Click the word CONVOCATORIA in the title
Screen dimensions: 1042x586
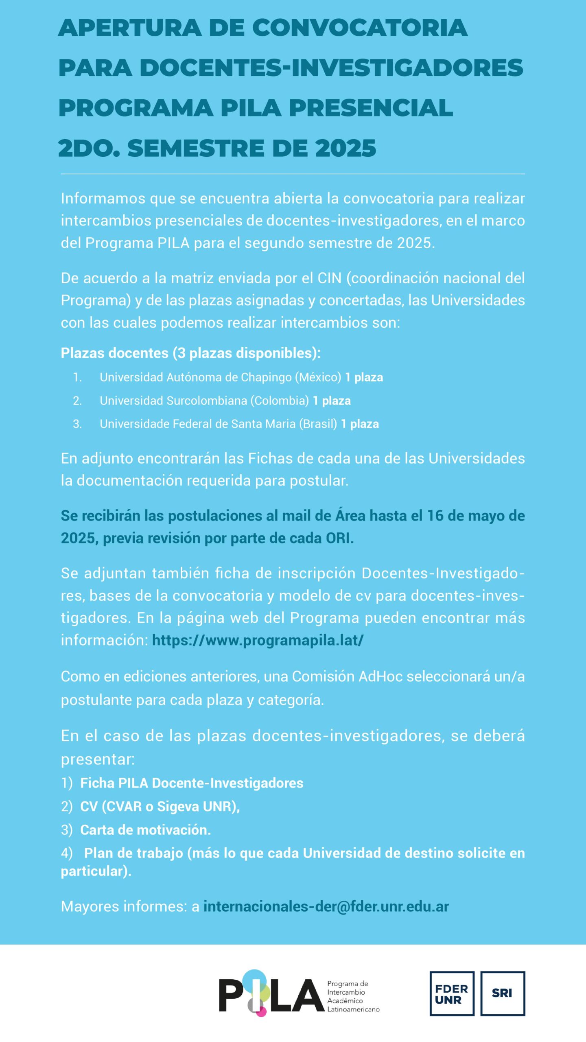(360, 28)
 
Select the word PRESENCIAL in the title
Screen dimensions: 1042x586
(371, 108)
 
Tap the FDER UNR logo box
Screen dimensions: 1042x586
(452, 994)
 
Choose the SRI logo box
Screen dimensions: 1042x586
(503, 994)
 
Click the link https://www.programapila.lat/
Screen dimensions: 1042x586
(258, 640)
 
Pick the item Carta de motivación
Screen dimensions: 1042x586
(145, 830)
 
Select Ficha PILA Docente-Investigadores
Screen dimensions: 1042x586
(192, 783)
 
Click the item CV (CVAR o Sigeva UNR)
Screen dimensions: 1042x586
(160, 807)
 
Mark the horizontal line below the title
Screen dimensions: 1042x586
(293, 174)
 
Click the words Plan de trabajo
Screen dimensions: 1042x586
(133, 853)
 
